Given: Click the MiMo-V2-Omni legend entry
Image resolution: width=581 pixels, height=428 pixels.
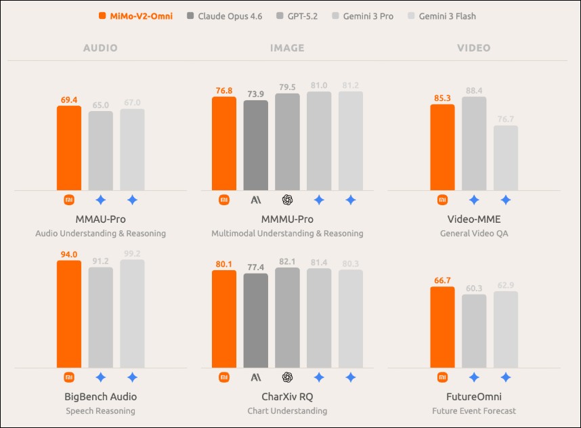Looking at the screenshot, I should coord(135,16).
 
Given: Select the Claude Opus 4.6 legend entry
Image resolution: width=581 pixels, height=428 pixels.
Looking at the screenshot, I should coord(223,16).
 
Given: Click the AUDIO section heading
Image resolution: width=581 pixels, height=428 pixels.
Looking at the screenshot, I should coord(100,48).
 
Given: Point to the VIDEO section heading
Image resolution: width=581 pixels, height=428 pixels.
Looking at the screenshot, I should coord(473,48).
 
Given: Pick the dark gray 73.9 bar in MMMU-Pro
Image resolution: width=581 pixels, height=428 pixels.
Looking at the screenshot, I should coord(256,145).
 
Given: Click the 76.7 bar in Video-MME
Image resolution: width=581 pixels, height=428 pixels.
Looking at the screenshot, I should coord(506,157).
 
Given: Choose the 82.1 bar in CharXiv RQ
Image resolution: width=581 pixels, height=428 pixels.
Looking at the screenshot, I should coord(287,318).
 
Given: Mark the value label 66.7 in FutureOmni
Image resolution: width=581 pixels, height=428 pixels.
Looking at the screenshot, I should coord(442,280).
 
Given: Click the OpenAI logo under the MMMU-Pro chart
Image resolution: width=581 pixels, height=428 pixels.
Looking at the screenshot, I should coord(287,200).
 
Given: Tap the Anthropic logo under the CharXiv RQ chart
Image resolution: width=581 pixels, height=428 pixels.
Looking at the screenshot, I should coord(256,377).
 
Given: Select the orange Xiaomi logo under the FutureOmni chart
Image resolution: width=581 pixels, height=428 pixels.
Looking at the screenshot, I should coord(442,377).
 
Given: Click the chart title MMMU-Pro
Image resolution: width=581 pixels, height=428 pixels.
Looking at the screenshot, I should coord(287,219).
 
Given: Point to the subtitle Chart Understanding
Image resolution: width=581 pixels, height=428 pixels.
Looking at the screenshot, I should coord(287,410).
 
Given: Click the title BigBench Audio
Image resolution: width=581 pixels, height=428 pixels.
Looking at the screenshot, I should coord(100,397).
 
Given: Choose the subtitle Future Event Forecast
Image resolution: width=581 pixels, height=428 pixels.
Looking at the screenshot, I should coord(473,410).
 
